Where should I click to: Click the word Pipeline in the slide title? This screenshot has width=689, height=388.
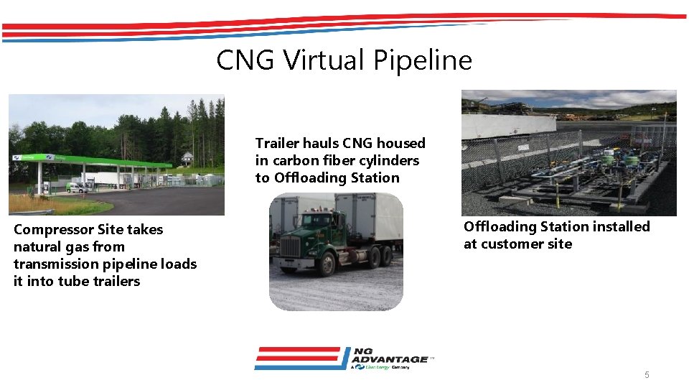click(429, 60)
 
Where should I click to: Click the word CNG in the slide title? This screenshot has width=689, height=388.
click(245, 60)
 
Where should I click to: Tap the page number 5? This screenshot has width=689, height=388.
click(647, 375)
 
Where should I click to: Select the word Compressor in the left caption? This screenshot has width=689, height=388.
click(52, 230)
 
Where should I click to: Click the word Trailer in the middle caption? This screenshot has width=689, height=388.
click(277, 144)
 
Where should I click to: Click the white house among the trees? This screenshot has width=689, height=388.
click(187, 158)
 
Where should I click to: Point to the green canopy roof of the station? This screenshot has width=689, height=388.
click(108, 160)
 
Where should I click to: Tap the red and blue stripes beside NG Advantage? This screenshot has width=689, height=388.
click(298, 358)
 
